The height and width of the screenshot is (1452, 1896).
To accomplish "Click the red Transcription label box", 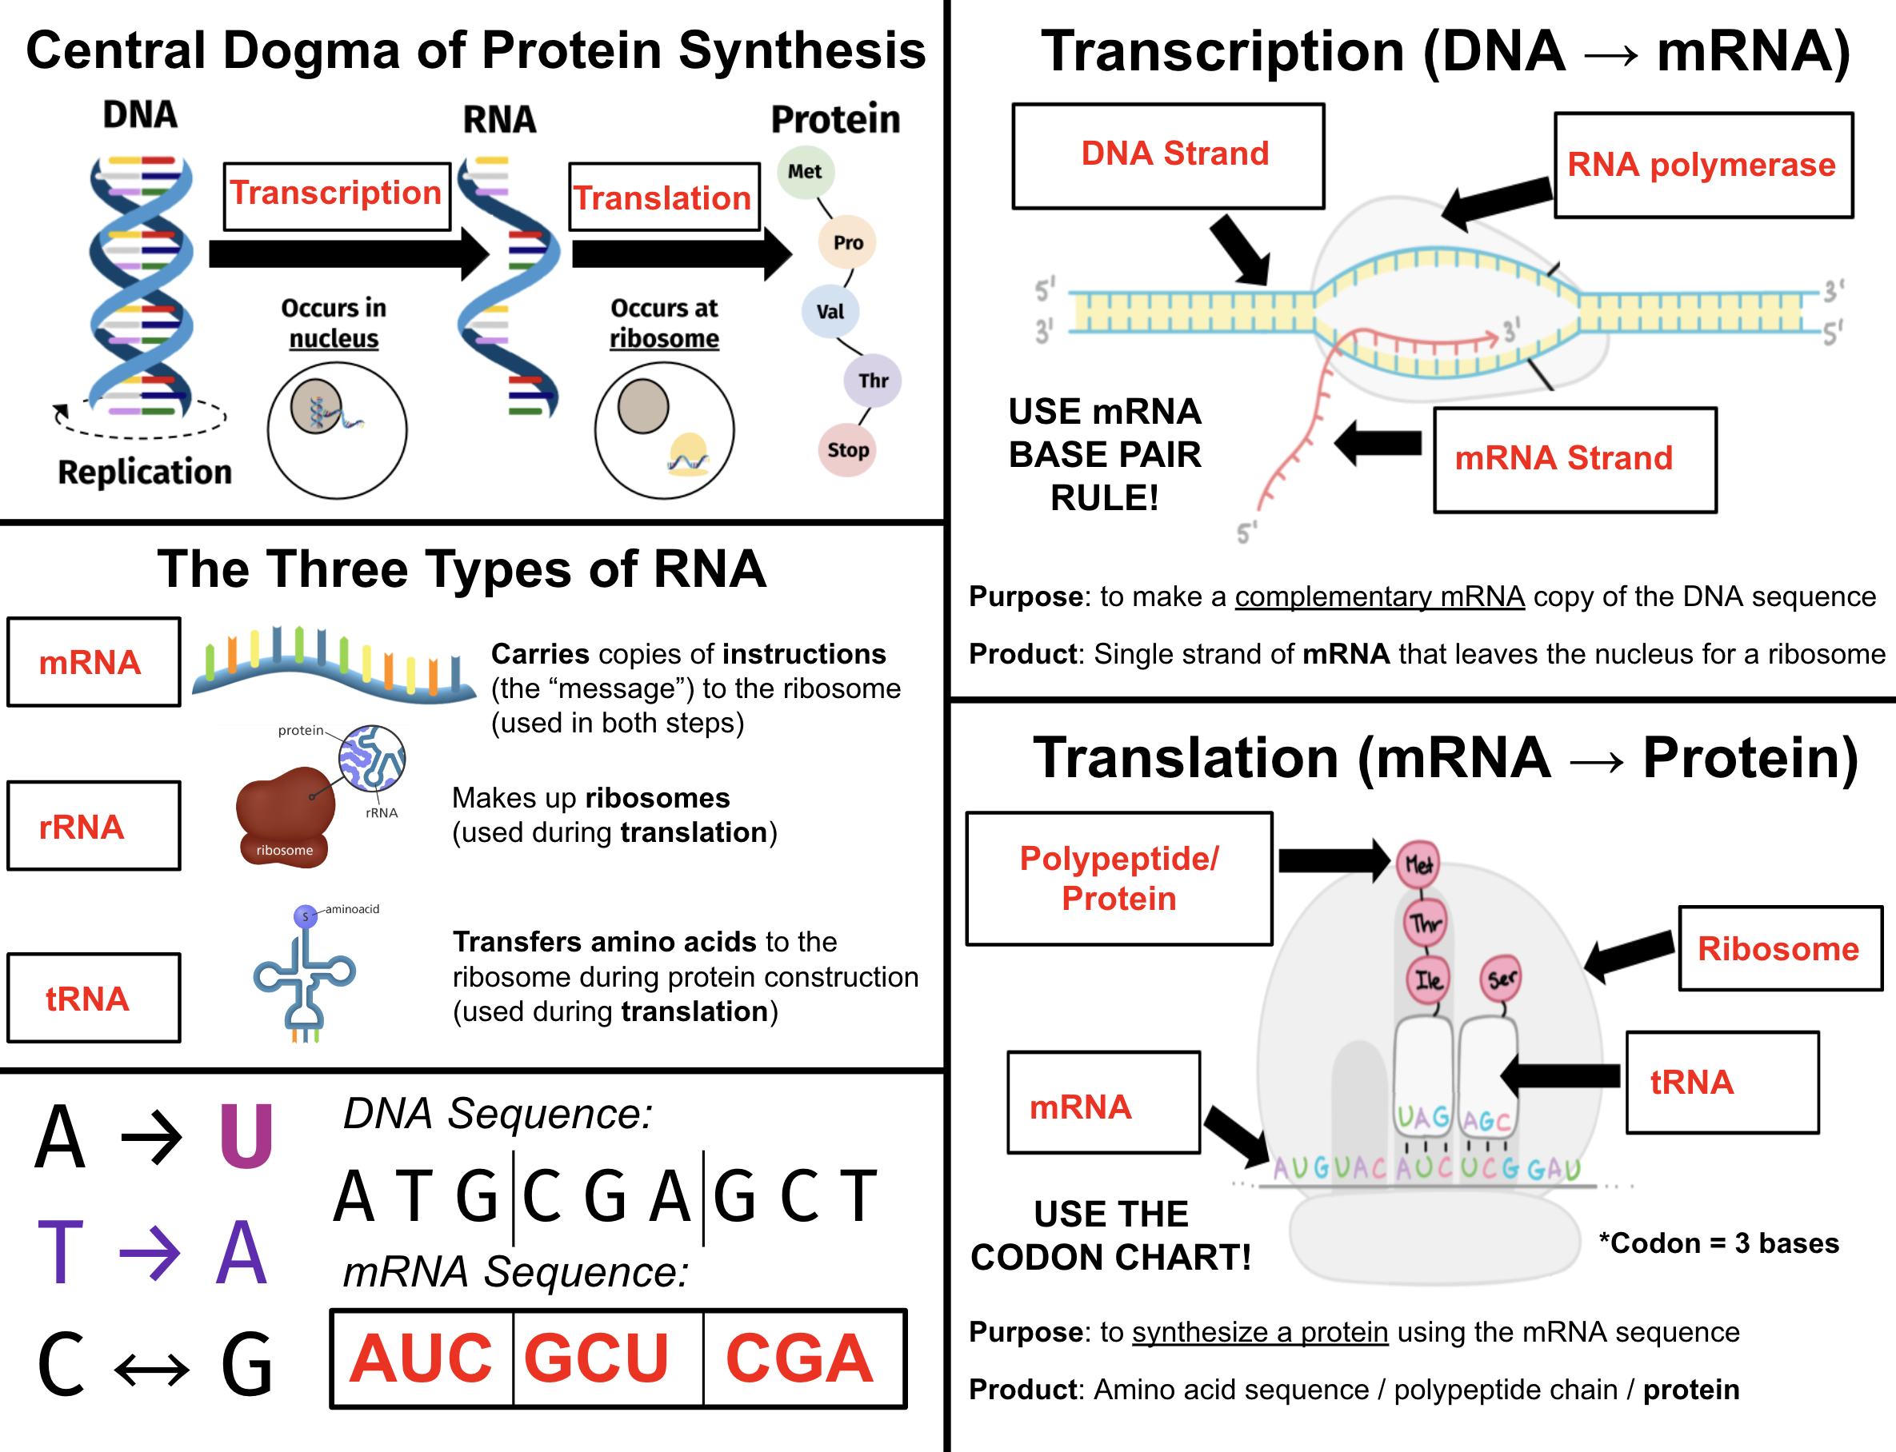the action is (337, 196).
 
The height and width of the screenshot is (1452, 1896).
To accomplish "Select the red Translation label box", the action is (664, 197).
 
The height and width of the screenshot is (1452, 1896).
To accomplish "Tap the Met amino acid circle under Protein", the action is (805, 171).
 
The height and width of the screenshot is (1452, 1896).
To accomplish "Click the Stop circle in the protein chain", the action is (847, 449).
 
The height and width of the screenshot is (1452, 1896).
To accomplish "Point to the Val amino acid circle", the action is (830, 311).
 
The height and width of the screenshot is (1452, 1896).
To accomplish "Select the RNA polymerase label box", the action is (1703, 165).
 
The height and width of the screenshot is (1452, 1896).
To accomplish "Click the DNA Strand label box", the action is (1168, 157).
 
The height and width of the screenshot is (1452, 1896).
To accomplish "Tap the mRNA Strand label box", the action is (1575, 460).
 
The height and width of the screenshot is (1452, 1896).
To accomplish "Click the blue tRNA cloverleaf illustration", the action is (304, 974).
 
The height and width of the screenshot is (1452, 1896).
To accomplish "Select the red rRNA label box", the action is (94, 825).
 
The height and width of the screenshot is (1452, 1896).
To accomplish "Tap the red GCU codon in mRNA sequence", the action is (597, 1358).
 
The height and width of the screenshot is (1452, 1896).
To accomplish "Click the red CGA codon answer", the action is (800, 1358).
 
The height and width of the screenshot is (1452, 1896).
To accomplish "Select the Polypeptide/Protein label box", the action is (1118, 878).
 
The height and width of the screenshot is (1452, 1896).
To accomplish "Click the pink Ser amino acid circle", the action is (1502, 979).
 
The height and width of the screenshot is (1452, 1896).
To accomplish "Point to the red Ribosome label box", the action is (1780, 948).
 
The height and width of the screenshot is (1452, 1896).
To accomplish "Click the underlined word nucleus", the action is (334, 339).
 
